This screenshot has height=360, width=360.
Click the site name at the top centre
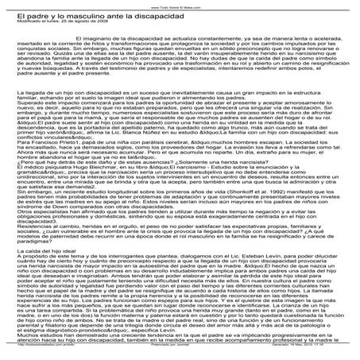(x=180, y=4)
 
